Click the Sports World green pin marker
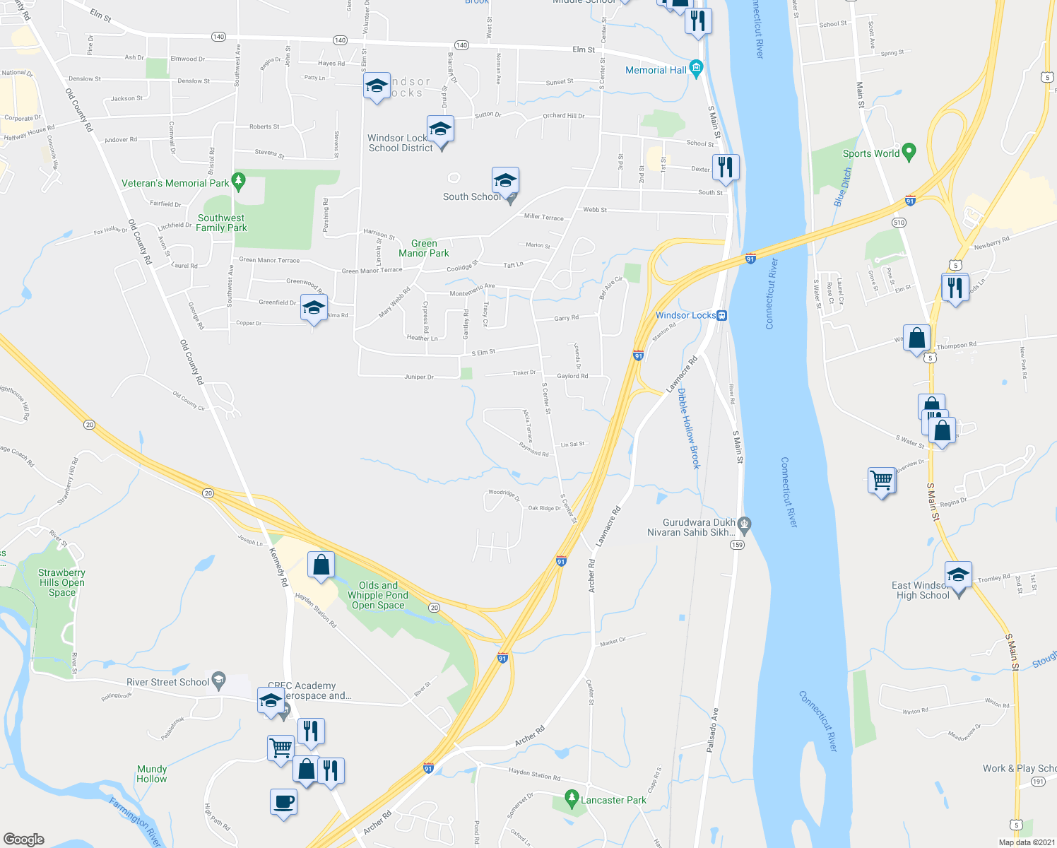click(909, 152)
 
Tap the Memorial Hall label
click(656, 70)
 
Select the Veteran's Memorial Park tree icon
click(239, 182)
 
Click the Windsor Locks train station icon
click(721, 315)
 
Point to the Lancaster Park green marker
click(572, 799)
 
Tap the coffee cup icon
click(283, 802)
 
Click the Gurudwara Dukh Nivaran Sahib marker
click(743, 524)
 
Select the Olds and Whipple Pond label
click(378, 595)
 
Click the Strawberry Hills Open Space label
click(61, 582)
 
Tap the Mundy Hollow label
click(152, 774)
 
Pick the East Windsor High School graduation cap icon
click(958, 574)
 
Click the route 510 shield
click(899, 223)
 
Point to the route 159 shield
click(738, 545)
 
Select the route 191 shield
click(1037, 782)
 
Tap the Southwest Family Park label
click(221, 223)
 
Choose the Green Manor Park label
click(424, 248)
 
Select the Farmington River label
click(135, 821)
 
